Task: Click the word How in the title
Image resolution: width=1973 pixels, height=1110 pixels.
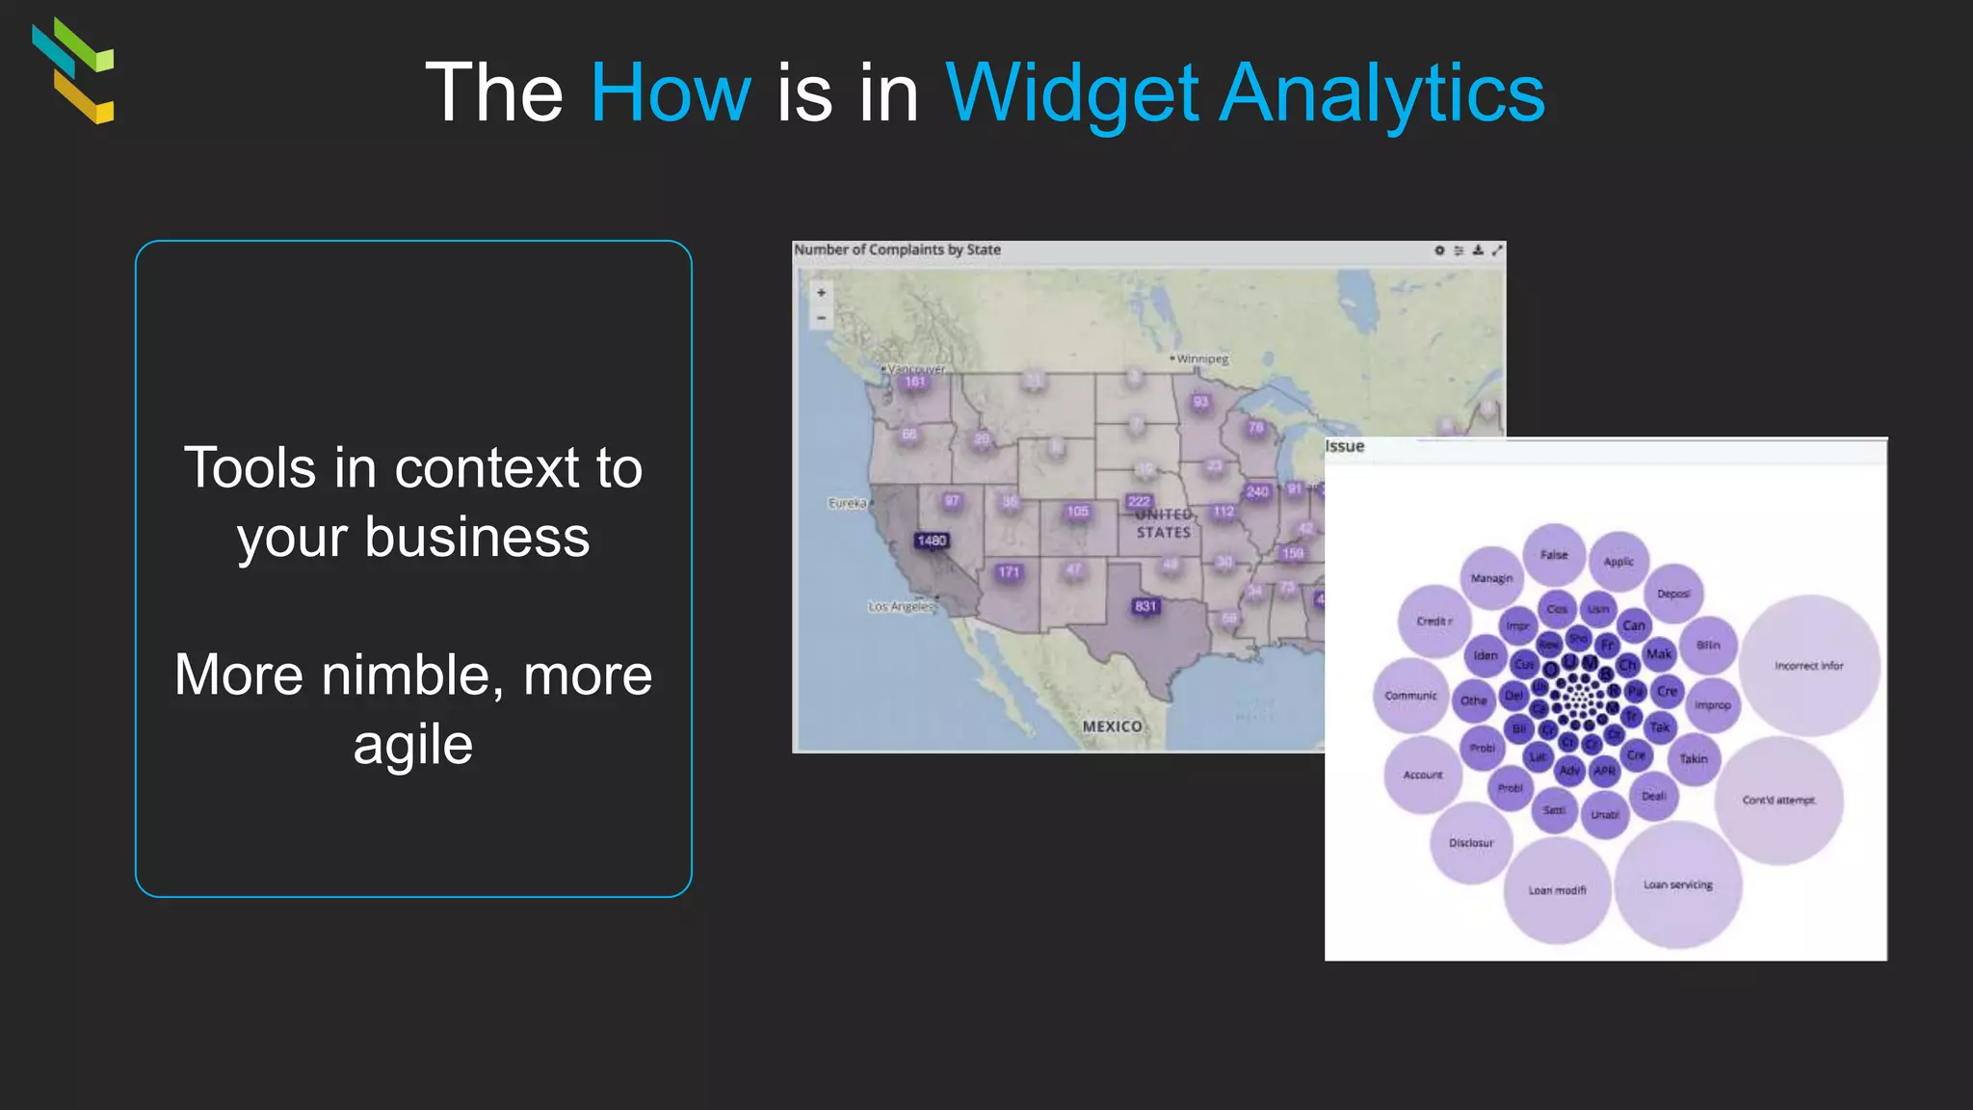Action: click(x=671, y=92)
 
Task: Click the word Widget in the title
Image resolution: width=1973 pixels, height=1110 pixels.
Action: click(x=1072, y=94)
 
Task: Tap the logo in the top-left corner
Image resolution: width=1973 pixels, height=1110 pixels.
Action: click(x=73, y=70)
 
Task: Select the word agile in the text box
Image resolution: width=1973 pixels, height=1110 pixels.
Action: click(x=413, y=745)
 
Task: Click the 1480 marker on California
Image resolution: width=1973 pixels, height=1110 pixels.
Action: click(x=932, y=541)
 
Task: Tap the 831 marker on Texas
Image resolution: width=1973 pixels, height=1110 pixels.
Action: click(x=1145, y=606)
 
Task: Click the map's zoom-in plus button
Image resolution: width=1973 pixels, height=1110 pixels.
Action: click(x=822, y=293)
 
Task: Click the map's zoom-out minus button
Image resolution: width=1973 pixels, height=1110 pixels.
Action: click(x=822, y=317)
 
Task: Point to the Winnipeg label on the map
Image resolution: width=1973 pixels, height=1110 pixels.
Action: click(x=1201, y=359)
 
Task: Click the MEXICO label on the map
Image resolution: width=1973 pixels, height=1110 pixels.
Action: click(x=1112, y=727)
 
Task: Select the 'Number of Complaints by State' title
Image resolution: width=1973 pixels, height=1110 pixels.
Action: click(x=897, y=250)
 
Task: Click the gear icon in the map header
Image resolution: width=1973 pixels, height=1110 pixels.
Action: click(x=1439, y=251)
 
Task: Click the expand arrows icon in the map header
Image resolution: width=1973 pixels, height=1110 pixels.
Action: click(x=1497, y=251)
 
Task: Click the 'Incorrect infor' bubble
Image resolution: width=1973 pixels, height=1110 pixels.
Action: click(x=1809, y=666)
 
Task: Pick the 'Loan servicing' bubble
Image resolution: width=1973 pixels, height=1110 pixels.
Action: click(x=1678, y=885)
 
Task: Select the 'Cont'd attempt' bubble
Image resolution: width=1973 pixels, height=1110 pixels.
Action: click(x=1778, y=800)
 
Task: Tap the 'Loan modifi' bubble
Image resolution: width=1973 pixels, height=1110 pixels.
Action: click(x=1557, y=890)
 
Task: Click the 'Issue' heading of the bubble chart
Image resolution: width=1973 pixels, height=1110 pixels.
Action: click(x=1345, y=446)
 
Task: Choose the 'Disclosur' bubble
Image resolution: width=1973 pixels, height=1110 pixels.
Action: click(x=1471, y=843)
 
